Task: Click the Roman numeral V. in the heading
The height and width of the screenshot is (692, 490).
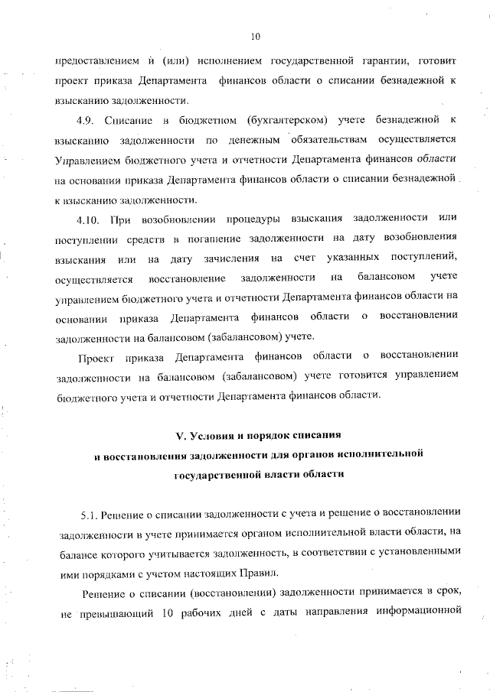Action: point(181,436)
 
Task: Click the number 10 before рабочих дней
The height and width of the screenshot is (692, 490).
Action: point(169,611)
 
